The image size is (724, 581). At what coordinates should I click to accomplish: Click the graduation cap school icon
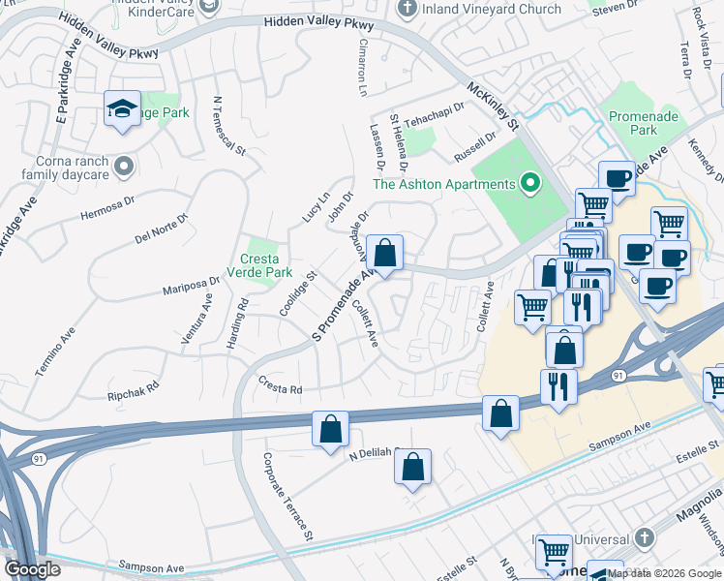tap(123, 108)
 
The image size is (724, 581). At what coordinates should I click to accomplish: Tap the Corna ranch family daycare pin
tap(123, 168)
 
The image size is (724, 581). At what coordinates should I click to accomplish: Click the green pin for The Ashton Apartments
tap(529, 183)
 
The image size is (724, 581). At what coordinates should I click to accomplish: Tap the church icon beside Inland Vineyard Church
tap(407, 9)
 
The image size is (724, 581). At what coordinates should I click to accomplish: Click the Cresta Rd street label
tap(281, 389)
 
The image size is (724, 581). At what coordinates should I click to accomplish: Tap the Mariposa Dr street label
tap(190, 285)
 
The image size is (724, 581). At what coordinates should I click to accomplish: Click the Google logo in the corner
tap(33, 569)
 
